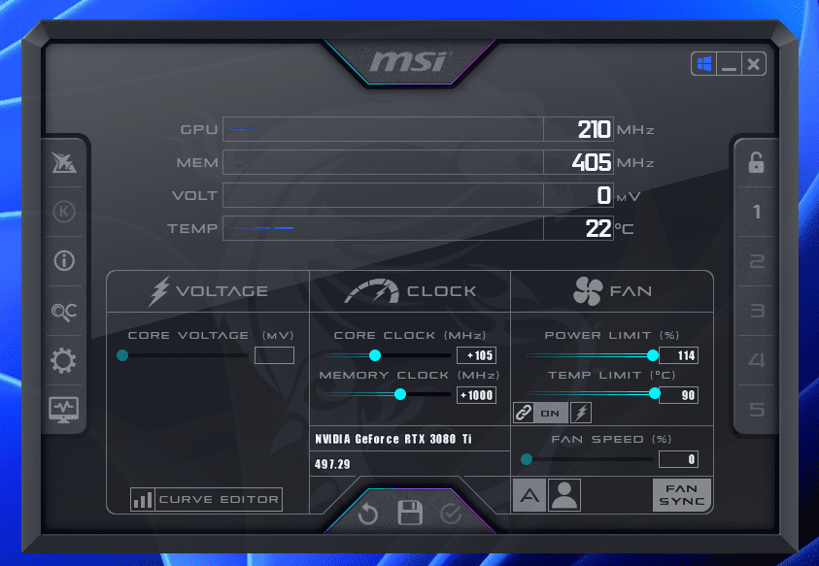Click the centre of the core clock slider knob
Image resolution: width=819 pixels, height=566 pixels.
pyautogui.click(x=375, y=355)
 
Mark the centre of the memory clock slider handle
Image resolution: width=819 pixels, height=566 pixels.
pyautogui.click(x=400, y=394)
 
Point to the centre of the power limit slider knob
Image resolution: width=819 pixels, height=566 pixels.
pyautogui.click(x=652, y=355)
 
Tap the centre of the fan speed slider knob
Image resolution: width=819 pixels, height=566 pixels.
pyautogui.click(x=527, y=459)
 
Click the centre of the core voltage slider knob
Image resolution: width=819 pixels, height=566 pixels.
pyautogui.click(x=122, y=355)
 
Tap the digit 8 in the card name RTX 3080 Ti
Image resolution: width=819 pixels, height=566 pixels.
pyautogui.click(x=443, y=439)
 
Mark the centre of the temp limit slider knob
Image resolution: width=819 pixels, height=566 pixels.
pyautogui.click(x=655, y=394)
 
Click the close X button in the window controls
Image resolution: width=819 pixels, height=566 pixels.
pyautogui.click(x=753, y=64)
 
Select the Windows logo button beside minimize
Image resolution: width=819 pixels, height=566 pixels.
pyautogui.click(x=704, y=64)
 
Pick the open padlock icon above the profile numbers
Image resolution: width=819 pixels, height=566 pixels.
pyautogui.click(x=756, y=162)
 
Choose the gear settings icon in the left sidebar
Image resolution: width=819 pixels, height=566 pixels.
pyautogui.click(x=63, y=360)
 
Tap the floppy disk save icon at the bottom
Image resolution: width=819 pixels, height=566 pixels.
pyautogui.click(x=410, y=513)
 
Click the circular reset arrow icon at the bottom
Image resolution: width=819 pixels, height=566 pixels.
pyautogui.click(x=368, y=514)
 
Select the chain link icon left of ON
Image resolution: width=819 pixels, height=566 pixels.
pyautogui.click(x=524, y=413)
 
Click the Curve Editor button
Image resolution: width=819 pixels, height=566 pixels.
pyautogui.click(x=206, y=499)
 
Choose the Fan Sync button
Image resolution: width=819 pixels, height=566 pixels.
pyautogui.click(x=682, y=495)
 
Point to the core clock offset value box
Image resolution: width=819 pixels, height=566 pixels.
pyautogui.click(x=476, y=355)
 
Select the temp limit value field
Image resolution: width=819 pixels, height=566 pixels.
pyautogui.click(x=678, y=395)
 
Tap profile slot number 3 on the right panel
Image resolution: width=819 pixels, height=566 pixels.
pyautogui.click(x=757, y=311)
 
